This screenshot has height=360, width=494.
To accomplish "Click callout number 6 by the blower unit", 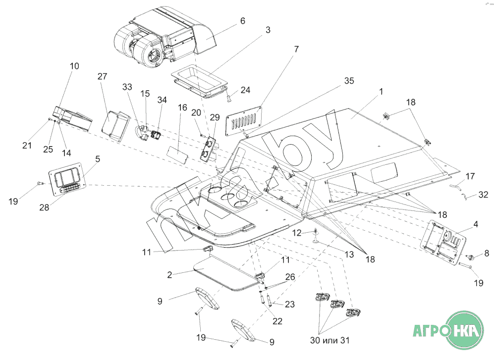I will [x=242, y=21].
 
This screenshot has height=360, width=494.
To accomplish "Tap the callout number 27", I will [x=102, y=76].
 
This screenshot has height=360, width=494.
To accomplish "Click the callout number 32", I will [x=484, y=194].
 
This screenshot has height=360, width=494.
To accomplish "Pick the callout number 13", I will [x=349, y=254].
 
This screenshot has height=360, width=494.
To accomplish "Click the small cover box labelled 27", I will [x=116, y=125].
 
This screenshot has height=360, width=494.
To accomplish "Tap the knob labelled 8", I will [x=471, y=257].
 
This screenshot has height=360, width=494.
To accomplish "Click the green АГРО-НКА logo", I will [x=448, y=328].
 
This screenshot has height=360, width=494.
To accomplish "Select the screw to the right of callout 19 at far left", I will [x=39, y=184].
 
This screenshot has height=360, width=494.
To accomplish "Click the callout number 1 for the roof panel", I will [x=381, y=92].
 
